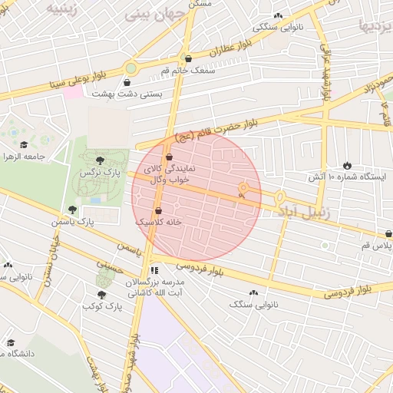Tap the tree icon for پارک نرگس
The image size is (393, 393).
click(x=101, y=160)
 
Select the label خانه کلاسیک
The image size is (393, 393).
click(x=158, y=221)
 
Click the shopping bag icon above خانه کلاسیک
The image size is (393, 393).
click(x=158, y=210)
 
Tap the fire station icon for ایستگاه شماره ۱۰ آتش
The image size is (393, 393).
click(x=347, y=165)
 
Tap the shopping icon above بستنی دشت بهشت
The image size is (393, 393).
click(x=127, y=82)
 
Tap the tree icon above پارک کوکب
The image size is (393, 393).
click(x=101, y=294)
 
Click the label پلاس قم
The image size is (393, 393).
click(x=376, y=246)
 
